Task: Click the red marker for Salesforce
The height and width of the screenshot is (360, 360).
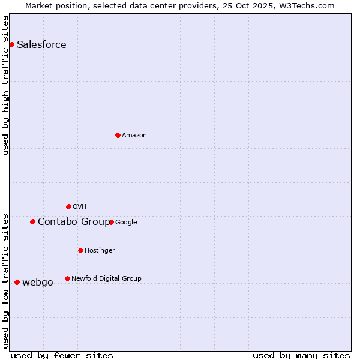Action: pyautogui.click(x=11, y=44)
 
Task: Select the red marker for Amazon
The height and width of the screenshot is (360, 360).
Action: pyautogui.click(x=118, y=135)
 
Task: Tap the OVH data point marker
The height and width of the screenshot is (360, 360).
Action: pyautogui.click(x=68, y=206)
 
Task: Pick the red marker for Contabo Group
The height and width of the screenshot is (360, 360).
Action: pyautogui.click(x=32, y=221)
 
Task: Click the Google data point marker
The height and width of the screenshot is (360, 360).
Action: pyautogui.click(x=111, y=222)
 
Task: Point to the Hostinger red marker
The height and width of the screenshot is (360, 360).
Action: pyautogui.click(x=80, y=250)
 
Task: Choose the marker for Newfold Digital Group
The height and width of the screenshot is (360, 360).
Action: pyautogui.click(x=67, y=278)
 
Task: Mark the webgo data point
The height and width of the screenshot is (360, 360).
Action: pyautogui.click(x=17, y=282)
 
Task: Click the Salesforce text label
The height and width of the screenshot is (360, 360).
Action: pyautogui.click(x=41, y=45)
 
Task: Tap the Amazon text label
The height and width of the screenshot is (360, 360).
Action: pyautogui.click(x=134, y=136)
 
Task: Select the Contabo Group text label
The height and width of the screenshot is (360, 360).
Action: pyautogui.click(x=73, y=222)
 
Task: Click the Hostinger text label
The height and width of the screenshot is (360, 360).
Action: pyautogui.click(x=100, y=251)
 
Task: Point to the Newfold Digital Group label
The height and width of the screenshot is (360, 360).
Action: pyautogui.click(x=106, y=278)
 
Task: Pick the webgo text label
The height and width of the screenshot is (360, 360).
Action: pyautogui.click(x=38, y=283)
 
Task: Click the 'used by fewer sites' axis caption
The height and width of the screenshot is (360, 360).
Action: pyautogui.click(x=62, y=355)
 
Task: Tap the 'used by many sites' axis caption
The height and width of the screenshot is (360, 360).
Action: pyautogui.click(x=301, y=355)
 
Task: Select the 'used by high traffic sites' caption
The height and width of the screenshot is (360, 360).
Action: pyautogui.click(x=6, y=85)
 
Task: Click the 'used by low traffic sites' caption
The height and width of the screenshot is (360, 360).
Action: pyautogui.click(x=6, y=280)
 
